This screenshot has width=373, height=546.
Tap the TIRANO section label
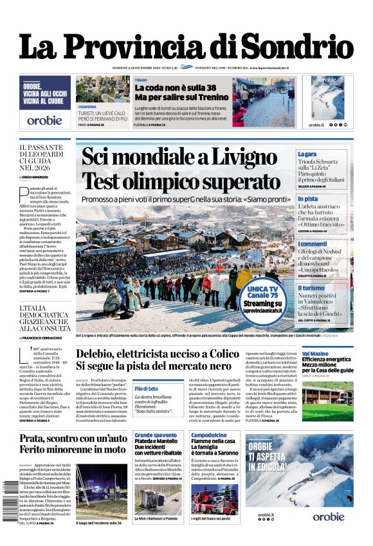(x=140, y=80)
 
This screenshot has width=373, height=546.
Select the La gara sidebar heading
(x=307, y=154)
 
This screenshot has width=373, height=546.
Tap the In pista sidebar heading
(x=307, y=199)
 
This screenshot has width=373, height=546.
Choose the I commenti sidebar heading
(x=312, y=244)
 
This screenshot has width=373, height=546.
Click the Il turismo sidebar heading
(x=311, y=288)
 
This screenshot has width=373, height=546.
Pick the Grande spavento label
(x=156, y=435)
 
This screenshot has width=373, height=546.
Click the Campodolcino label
(x=208, y=435)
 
